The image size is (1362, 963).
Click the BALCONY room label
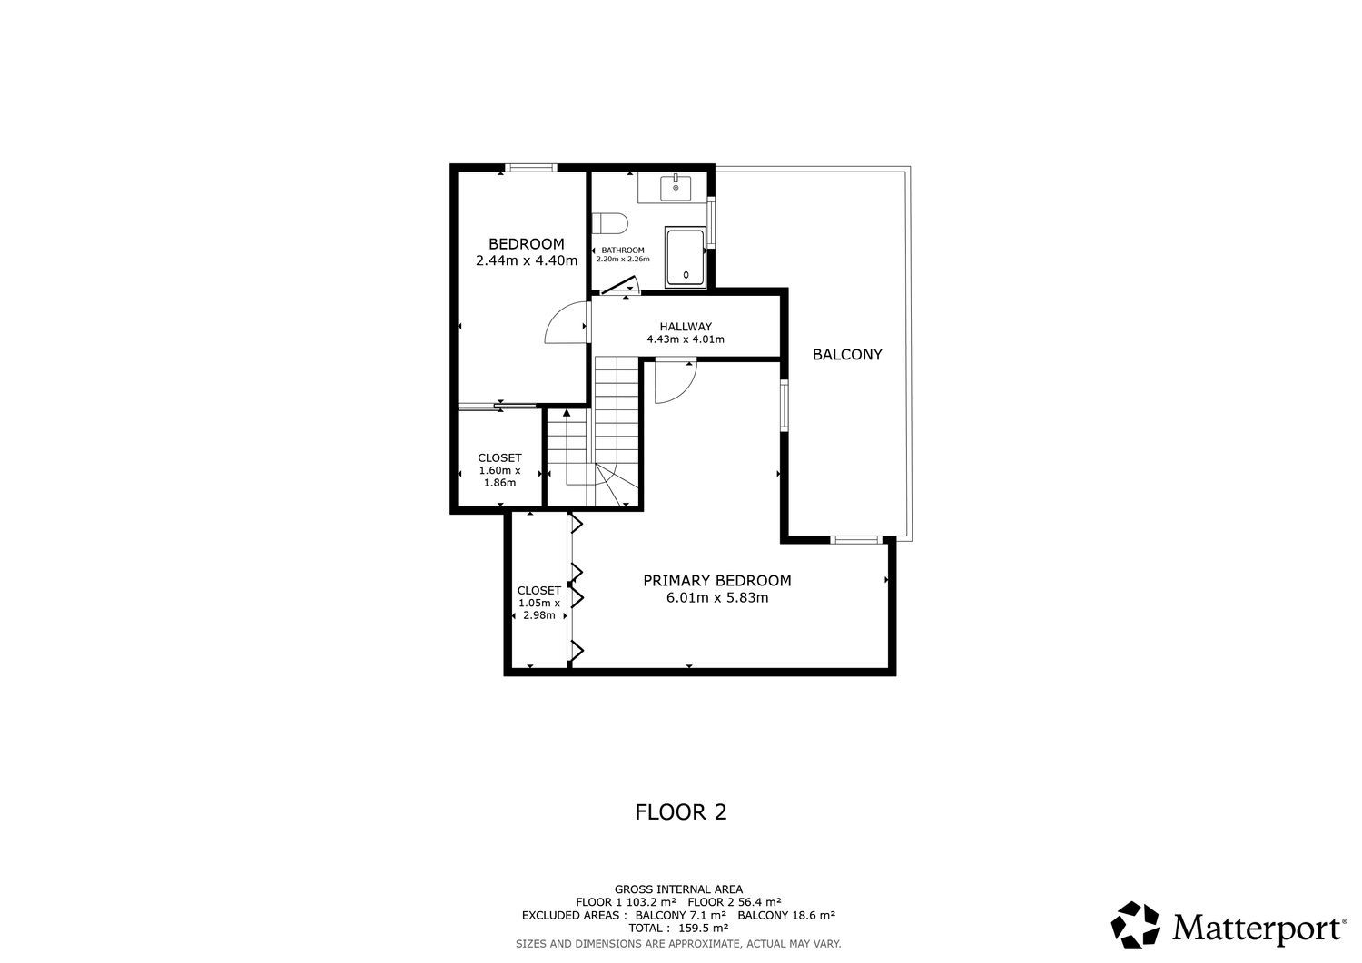coord(847,355)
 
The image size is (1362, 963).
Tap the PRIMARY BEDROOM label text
coord(717,581)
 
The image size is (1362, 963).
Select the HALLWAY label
coord(686,327)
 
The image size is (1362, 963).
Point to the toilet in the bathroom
coord(610,223)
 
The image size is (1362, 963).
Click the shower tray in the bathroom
coord(686,257)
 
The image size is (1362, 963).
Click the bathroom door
coord(617,286)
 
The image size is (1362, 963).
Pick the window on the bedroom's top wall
coord(531,168)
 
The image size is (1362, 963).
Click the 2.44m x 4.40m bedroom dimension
coord(527,260)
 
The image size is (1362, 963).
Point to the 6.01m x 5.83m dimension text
coord(717,597)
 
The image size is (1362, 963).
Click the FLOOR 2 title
coord(681,812)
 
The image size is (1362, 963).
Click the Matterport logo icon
coord(1135,925)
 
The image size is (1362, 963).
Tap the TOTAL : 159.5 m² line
coord(678,928)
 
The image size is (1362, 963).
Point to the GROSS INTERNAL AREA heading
coord(678,889)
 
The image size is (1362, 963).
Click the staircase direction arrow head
coord(567,413)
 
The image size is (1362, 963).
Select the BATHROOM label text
coord(623,250)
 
